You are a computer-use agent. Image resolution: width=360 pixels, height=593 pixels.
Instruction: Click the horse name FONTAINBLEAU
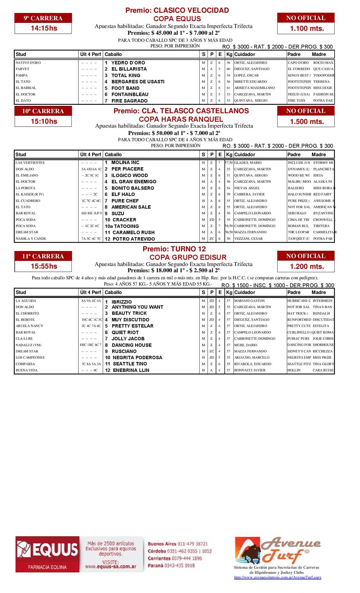(130, 94)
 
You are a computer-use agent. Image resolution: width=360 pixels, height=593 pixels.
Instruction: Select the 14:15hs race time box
(43, 28)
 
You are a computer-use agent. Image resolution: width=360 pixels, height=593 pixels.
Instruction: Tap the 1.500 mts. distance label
(306, 122)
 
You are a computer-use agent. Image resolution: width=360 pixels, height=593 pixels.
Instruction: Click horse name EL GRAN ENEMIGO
(134, 182)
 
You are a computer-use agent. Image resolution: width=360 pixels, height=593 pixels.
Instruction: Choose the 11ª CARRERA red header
(43, 256)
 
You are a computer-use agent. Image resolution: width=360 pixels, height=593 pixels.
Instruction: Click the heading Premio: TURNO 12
(174, 249)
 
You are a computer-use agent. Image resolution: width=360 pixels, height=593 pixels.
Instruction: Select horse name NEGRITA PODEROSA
(137, 358)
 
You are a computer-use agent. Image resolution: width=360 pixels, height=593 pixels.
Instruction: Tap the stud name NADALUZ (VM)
(28, 345)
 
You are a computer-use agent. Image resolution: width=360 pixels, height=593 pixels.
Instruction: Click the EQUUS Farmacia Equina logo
(47, 554)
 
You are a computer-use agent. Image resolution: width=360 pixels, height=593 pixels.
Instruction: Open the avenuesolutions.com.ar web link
(277, 577)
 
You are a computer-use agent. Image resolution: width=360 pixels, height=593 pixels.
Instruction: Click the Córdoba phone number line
(180, 551)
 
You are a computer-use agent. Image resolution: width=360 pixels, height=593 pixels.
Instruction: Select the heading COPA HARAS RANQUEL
(181, 119)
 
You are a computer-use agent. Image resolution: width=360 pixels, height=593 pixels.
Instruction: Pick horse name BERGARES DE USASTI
(138, 82)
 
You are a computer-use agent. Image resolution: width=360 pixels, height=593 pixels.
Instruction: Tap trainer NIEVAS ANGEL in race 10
(247, 188)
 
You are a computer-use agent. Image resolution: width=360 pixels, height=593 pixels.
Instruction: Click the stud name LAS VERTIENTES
(30, 163)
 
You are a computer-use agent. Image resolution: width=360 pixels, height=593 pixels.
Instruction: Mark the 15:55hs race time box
(43, 266)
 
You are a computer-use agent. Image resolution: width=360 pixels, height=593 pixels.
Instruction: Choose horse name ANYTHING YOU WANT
(137, 307)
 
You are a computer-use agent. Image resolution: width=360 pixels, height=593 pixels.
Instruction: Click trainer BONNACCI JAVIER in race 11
(250, 370)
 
